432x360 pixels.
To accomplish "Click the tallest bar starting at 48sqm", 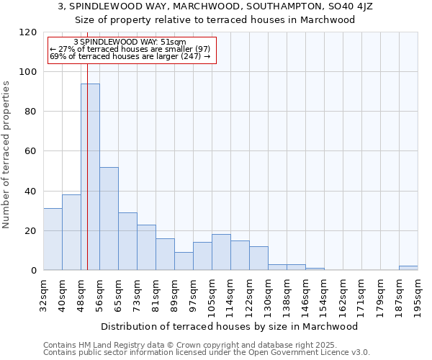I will [90, 177].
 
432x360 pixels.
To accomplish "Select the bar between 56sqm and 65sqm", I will [109, 219].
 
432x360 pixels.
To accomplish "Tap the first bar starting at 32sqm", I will [53, 239].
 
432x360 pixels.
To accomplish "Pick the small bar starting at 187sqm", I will [408, 268].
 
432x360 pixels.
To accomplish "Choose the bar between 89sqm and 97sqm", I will [184, 261].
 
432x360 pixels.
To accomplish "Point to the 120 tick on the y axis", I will [29, 32].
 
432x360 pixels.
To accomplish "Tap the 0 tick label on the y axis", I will [34, 271].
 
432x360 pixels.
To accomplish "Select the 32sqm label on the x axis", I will [44, 293].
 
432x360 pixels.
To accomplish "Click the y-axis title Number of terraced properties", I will [6, 155].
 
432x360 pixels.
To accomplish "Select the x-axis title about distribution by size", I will [230, 326].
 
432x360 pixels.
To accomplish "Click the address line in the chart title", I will [215, 6].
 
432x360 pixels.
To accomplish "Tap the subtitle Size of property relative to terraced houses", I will [215, 19].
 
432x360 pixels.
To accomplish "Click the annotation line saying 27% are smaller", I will [130, 49].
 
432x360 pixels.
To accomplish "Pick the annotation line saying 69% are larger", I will [130, 56].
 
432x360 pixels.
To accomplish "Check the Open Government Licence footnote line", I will [207, 352].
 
